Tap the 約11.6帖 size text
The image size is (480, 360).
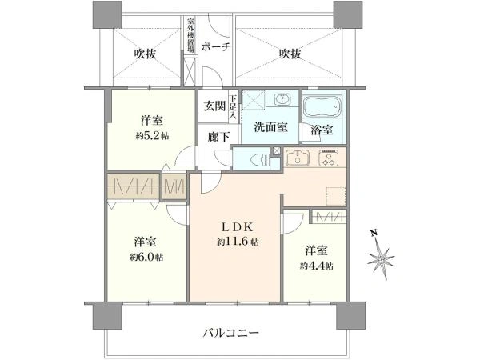[x=236, y=242]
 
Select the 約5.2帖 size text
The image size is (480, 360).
[x=153, y=136]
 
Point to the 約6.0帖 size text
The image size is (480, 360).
[x=148, y=257]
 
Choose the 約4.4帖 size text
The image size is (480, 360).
[x=318, y=265]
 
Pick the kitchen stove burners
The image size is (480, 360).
[x=329, y=158]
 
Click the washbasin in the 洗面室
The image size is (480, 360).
[x=282, y=102]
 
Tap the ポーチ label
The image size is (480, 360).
[x=216, y=47]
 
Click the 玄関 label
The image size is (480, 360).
[x=214, y=106]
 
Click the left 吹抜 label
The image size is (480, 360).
[x=146, y=54]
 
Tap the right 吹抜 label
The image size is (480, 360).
[x=290, y=54]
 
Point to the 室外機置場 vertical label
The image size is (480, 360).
[x=190, y=34]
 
